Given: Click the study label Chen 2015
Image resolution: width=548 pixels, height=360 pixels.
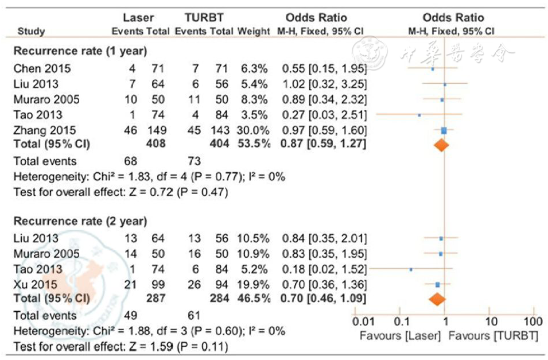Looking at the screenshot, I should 42,69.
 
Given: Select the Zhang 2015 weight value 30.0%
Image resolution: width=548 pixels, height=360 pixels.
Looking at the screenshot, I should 253,130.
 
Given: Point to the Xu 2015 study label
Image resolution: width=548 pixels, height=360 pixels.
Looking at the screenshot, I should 35,284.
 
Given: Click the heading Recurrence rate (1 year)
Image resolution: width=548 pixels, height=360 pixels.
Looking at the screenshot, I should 80,51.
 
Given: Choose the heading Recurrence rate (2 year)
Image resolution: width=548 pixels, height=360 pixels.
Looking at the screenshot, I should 80,220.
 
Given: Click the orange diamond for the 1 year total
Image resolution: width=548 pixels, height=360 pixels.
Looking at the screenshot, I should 441,145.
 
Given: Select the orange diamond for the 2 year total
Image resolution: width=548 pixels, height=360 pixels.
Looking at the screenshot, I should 437,299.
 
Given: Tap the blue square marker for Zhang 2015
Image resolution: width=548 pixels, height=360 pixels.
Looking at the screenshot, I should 444,130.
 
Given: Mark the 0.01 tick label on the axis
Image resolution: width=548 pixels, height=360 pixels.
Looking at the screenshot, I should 363,320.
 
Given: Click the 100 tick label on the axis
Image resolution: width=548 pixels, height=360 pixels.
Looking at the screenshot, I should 533,320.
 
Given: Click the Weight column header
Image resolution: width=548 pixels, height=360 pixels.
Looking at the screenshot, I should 253,31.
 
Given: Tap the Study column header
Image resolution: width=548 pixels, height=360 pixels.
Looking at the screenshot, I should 32,31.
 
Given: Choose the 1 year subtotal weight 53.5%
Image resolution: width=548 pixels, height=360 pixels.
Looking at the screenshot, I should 253,144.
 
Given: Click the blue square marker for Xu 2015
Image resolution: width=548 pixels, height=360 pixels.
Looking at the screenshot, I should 437,284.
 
